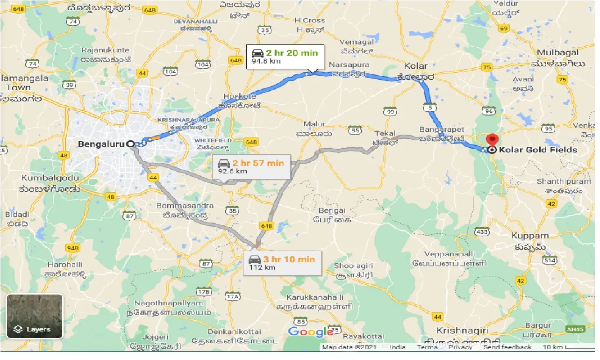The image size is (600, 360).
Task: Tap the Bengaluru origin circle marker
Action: click(130, 144)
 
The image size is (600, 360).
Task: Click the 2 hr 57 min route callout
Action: click(251, 167)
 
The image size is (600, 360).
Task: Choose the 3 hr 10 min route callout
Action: click(282, 263)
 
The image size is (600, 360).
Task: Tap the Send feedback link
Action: click(507, 347)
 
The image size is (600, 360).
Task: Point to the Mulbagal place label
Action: click(558, 53)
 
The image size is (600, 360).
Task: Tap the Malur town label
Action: click(314, 124)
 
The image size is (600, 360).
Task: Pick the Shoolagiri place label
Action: click(353, 266)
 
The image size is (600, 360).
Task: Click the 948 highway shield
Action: click(73, 248)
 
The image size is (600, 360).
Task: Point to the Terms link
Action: click(427, 347)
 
